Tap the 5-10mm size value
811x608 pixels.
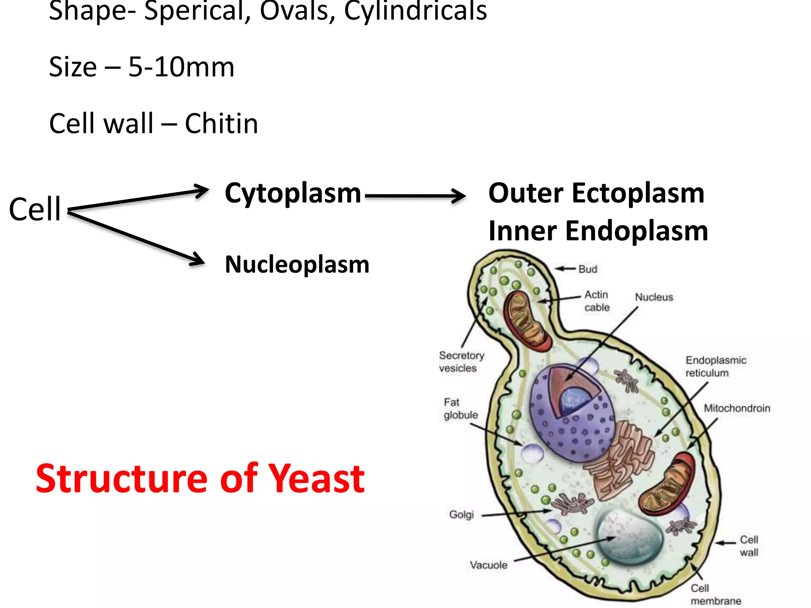coord(181,67)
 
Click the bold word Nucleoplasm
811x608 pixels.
coord(297,264)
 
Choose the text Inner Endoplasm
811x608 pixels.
coord(598,231)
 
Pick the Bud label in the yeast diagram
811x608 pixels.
coord(587,269)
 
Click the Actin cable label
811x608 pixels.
coord(597,301)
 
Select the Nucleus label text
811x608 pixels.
coord(654,297)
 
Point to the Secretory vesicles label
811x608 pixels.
coord(461,361)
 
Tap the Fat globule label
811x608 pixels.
coord(460,408)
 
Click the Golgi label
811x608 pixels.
coord(461,515)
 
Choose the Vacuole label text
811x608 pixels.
coord(488,565)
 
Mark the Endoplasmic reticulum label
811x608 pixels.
coord(715,367)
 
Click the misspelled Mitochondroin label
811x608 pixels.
coord(737,408)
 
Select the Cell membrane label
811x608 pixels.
coord(715,595)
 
